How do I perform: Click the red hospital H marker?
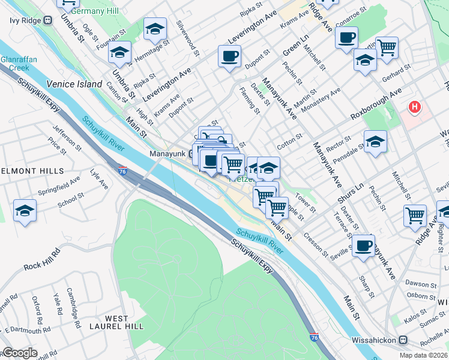point(414,108)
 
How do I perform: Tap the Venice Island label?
point(74,84)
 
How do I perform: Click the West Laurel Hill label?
point(116,322)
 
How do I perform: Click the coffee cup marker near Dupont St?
point(229,57)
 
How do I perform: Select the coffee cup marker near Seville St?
point(363,245)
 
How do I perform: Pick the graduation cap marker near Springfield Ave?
point(25,211)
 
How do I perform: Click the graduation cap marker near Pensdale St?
point(375,142)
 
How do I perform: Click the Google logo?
point(19,353)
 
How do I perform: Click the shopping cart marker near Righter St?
point(415,215)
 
